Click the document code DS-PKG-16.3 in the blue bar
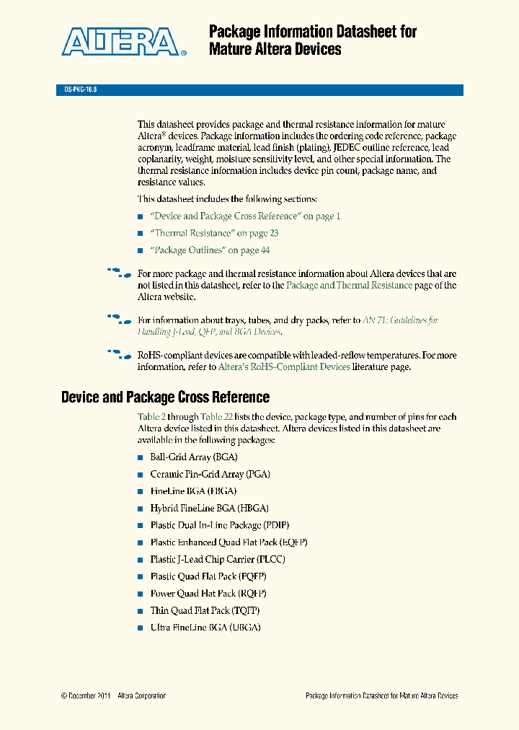(76, 90)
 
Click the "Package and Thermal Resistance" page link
(349, 286)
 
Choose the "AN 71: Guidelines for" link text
(400, 320)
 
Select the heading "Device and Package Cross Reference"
(165, 397)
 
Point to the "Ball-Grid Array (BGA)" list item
(193, 457)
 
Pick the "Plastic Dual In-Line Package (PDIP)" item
(219, 525)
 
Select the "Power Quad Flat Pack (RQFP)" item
(208, 594)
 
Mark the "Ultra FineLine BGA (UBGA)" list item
(205, 628)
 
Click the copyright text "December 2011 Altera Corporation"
(113, 696)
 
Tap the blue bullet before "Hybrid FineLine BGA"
(141, 509)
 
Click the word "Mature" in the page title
(229, 50)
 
